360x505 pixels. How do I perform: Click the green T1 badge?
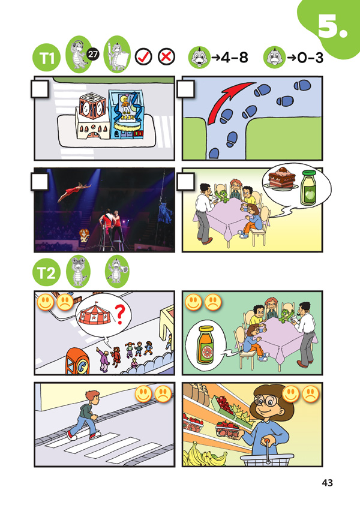tap(46, 58)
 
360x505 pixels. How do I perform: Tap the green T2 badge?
tap(46, 273)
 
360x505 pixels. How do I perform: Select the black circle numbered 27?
tap(93, 54)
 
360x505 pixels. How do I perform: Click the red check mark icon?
tap(143, 57)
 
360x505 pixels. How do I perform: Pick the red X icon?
tap(167, 57)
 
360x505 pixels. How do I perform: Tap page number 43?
tap(327, 482)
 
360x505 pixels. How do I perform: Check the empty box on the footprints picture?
tap(185, 89)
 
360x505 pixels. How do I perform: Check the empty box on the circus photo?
tap(40, 181)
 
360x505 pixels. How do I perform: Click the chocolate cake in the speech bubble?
tap(281, 178)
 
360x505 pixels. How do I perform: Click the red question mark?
tap(120, 315)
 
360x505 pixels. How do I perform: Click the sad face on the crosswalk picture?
tap(163, 394)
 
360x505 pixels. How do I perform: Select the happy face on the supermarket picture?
tap(291, 394)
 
